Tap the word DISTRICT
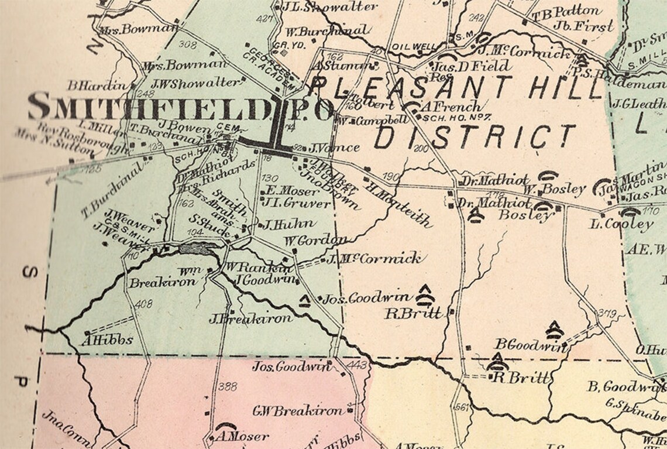point(475,137)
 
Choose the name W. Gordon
point(315,240)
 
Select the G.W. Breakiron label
point(297,410)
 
